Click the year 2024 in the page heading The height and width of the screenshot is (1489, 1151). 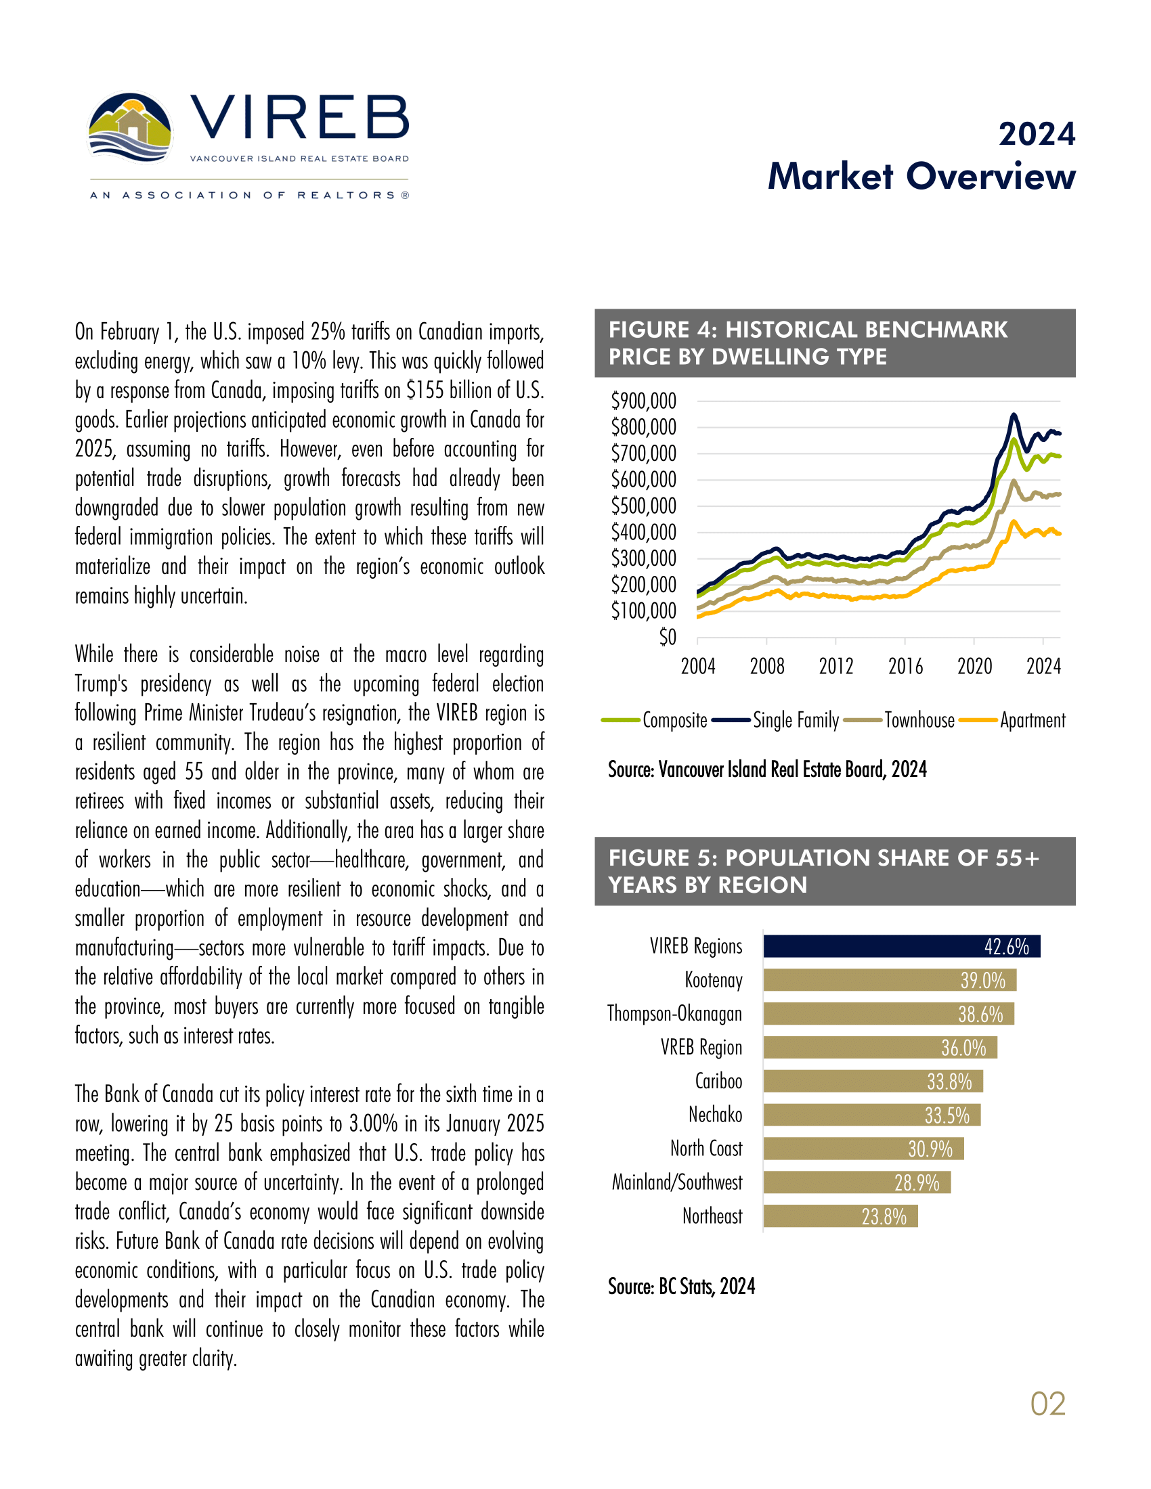click(1037, 134)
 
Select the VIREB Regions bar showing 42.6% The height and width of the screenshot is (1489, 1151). click(901, 946)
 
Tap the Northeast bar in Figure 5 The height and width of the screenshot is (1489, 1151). click(840, 1216)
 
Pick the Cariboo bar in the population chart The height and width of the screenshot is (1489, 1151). click(873, 1082)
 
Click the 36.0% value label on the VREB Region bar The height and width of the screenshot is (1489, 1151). click(963, 1048)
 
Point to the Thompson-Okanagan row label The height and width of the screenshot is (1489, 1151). click(674, 1014)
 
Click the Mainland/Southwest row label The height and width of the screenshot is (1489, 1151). click(677, 1182)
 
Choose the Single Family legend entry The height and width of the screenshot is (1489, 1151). click(795, 721)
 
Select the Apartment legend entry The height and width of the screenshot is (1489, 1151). click(1033, 721)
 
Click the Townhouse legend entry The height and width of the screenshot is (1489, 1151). click(919, 721)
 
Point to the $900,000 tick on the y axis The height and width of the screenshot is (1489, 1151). click(644, 401)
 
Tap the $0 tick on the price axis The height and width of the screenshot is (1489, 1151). click(668, 638)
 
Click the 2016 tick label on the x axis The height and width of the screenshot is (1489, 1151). click(905, 666)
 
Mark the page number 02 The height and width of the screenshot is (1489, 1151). click(1047, 1404)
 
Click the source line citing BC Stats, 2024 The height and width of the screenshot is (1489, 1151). click(682, 1287)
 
